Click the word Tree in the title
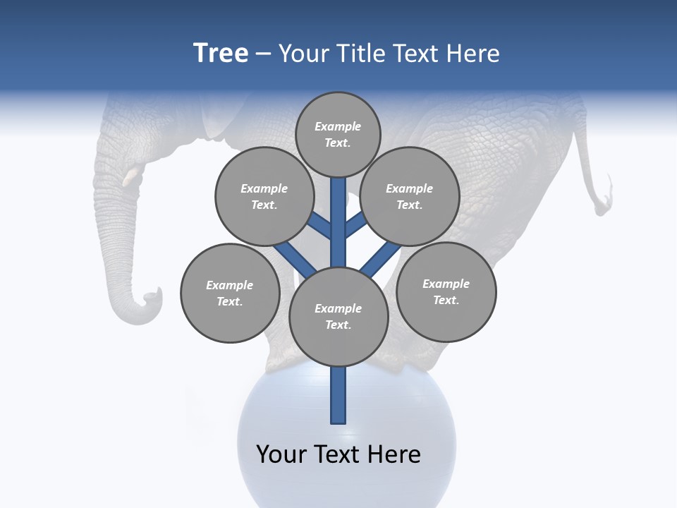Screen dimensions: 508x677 (x=221, y=54)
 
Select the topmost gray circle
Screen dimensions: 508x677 (x=338, y=134)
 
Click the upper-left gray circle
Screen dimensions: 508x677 (x=264, y=196)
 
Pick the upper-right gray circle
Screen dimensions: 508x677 (x=410, y=196)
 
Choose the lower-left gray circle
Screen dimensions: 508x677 (x=230, y=293)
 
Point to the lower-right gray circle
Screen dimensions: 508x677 (x=446, y=291)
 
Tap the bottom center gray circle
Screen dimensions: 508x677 (x=338, y=317)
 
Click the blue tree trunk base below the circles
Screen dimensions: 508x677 (x=338, y=395)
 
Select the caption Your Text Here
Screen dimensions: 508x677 (x=338, y=454)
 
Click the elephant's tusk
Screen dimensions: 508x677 (x=132, y=177)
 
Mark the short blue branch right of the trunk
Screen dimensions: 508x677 (x=355, y=224)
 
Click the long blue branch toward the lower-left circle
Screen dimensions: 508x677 (x=295, y=259)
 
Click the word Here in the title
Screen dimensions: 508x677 (x=473, y=54)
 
